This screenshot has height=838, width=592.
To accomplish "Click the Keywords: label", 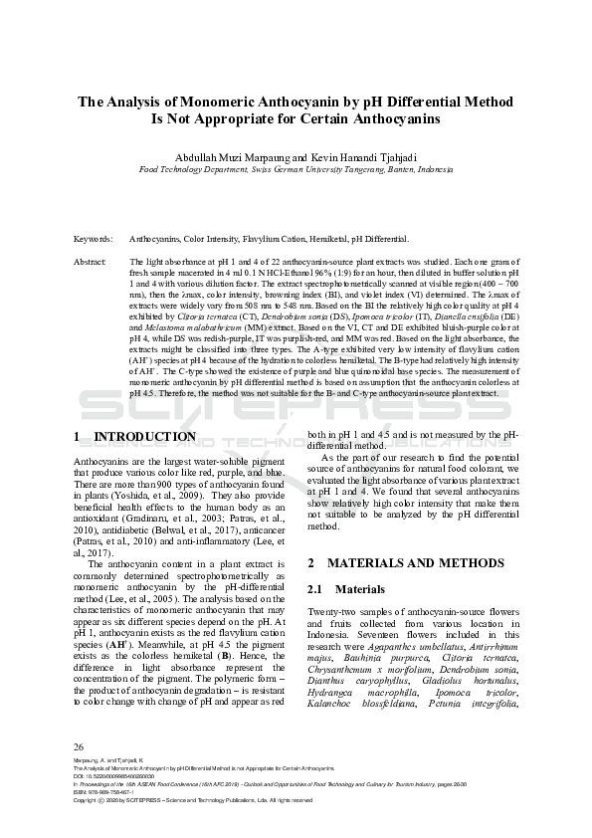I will tap(93, 240).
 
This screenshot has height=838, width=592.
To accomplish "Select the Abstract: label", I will tap(91, 261).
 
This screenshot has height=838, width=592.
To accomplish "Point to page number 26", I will tap(80, 773).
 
